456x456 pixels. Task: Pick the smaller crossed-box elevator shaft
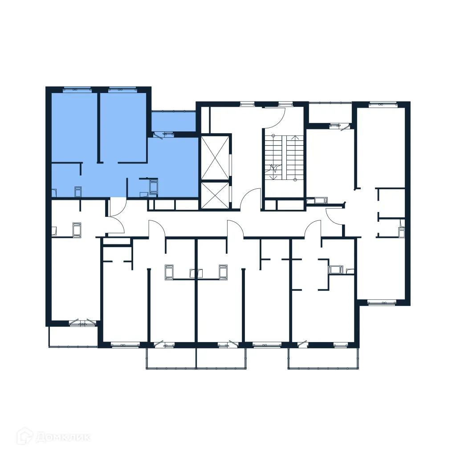click(x=215, y=195)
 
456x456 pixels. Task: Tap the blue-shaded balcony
click(x=173, y=121)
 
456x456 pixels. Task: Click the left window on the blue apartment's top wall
click(x=77, y=90)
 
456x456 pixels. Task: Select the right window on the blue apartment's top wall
click(x=122, y=90)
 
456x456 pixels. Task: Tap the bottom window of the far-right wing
click(x=382, y=302)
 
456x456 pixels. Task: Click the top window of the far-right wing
click(x=382, y=105)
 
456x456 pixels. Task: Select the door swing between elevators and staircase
click(x=252, y=199)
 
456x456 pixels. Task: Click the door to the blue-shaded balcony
click(x=164, y=133)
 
